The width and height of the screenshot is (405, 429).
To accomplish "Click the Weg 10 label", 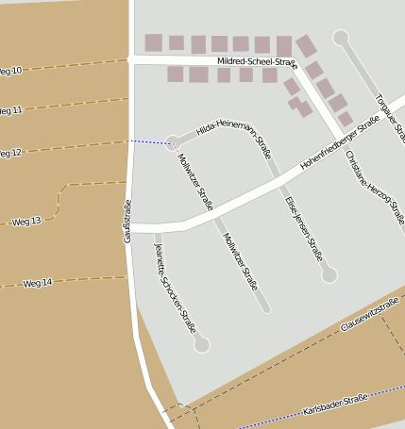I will click(x=10, y=70).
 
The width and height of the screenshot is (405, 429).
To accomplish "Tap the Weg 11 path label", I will click(x=10, y=110).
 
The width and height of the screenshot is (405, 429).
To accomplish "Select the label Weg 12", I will click(x=10, y=152).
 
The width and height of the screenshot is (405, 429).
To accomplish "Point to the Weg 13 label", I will click(x=26, y=222).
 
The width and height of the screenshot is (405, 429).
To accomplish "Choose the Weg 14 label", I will click(x=38, y=282).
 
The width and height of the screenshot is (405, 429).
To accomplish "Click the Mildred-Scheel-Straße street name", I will click(x=257, y=62).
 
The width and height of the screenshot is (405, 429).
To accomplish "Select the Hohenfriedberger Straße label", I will click(x=339, y=143).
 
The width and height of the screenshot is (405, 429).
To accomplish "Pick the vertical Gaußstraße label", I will click(x=127, y=223).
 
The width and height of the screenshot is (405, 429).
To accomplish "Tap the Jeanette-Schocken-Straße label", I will click(x=175, y=289).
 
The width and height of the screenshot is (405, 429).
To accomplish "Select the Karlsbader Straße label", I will click(x=335, y=405).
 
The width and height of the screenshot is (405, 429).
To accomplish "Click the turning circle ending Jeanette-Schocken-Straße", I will click(x=201, y=345).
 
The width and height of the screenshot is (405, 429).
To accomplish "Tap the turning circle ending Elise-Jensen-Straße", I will click(x=329, y=275).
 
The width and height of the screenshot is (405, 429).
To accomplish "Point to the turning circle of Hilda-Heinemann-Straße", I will click(x=173, y=143).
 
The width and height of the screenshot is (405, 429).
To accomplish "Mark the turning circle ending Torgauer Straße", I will click(x=341, y=38).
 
